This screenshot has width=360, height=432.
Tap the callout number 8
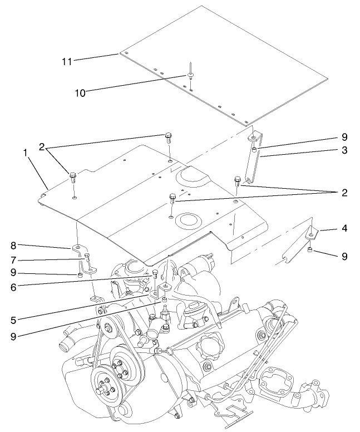click(13, 244)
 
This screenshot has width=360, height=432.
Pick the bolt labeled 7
click(87, 257)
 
